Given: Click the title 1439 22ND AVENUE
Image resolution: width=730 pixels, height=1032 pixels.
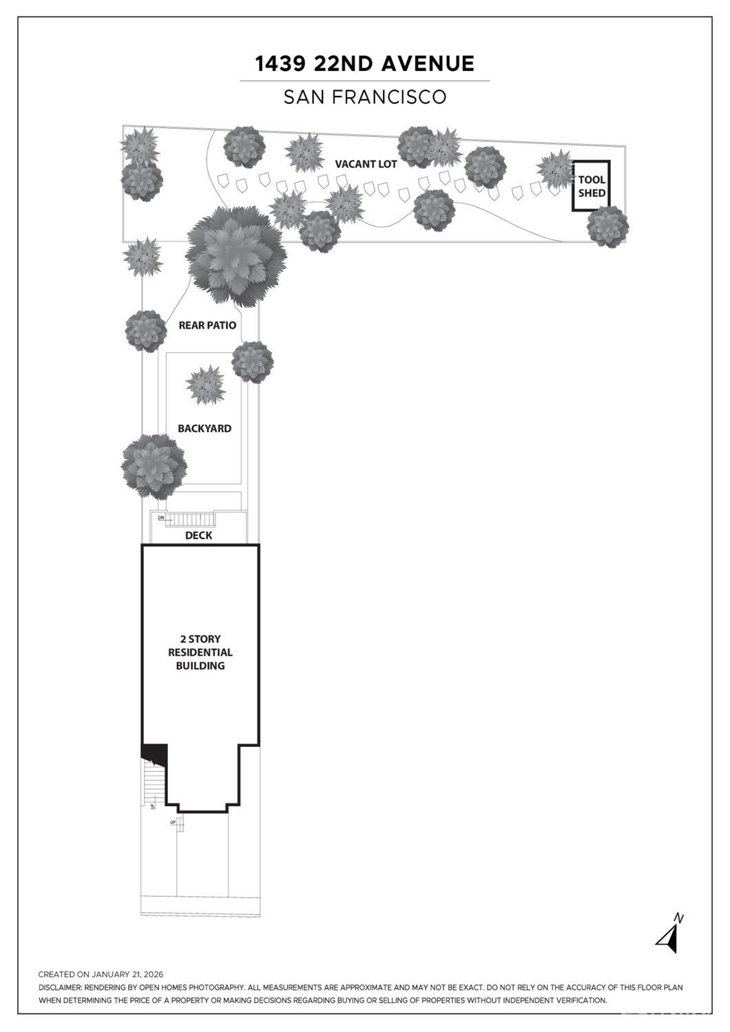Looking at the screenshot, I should click(364, 64).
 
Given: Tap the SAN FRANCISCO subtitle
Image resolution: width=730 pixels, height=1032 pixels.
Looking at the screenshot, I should click(365, 96).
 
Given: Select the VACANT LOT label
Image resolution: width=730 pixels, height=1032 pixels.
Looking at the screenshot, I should click(366, 164).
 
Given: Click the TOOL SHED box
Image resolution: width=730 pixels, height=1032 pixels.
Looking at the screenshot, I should click(591, 186).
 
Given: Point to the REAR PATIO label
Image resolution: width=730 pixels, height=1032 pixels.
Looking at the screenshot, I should click(207, 325).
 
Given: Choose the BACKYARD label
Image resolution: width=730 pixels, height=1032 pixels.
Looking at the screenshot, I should click(205, 429).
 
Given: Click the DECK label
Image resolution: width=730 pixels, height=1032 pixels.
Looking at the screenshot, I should click(198, 535).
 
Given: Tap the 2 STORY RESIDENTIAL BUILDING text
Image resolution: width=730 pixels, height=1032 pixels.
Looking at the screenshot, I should click(200, 652).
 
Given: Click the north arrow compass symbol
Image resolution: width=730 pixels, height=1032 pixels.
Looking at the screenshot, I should click(669, 936).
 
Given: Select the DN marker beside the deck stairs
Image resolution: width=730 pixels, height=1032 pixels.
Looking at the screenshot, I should click(161, 517).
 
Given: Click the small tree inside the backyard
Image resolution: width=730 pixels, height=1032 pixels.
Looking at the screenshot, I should click(205, 386).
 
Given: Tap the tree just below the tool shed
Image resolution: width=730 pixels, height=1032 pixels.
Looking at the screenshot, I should click(607, 227).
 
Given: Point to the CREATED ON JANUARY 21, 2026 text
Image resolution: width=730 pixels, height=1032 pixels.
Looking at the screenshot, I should click(101, 974).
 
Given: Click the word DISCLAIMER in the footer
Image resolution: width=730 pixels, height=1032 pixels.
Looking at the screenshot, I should click(61, 987).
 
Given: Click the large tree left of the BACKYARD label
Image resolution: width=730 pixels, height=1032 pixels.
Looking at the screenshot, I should click(154, 466).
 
